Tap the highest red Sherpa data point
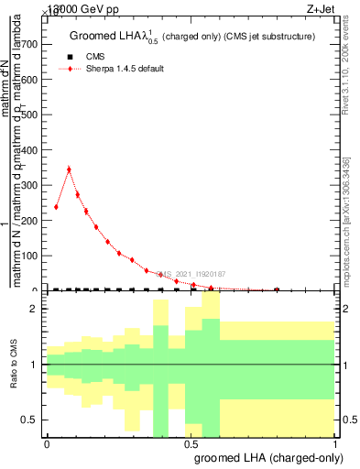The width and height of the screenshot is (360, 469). coord(69,169)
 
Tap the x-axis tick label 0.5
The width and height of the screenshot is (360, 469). coord(191,443)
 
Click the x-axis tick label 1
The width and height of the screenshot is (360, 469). coord(335,443)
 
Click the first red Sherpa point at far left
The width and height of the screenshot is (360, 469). coord(57,207)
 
